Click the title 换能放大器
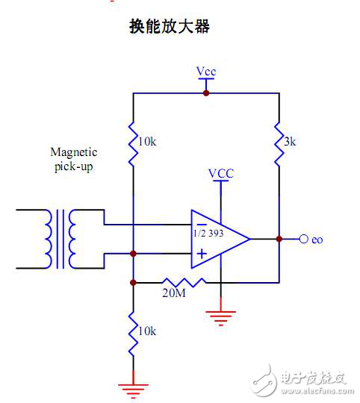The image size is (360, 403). (x=170, y=27)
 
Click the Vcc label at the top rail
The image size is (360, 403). (x=206, y=72)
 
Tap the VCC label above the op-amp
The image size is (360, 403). (x=220, y=173)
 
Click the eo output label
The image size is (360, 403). (x=317, y=240)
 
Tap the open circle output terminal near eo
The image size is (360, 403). (x=303, y=239)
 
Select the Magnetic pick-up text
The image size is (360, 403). (x=74, y=159)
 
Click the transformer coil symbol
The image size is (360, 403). (x=60, y=239)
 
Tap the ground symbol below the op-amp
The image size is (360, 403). (x=220, y=317)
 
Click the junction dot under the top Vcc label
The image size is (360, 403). (x=206, y=93)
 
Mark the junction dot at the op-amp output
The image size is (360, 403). (x=278, y=239)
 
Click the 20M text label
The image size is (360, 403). (x=174, y=294)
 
